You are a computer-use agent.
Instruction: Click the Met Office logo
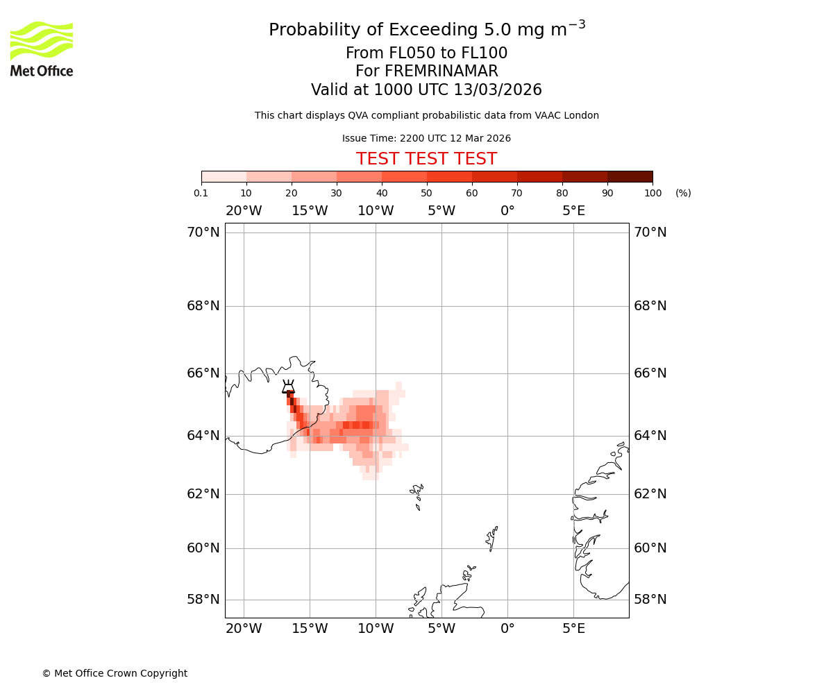click(42, 49)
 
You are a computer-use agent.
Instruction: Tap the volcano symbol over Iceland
click(288, 387)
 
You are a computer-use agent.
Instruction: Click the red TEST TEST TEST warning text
click(426, 159)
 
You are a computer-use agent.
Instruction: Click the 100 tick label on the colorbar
click(653, 193)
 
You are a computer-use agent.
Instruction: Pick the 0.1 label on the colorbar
click(201, 193)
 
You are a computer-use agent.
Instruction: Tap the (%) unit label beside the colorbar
click(683, 193)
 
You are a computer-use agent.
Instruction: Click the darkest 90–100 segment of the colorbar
click(630, 176)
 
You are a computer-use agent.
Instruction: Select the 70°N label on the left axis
click(203, 232)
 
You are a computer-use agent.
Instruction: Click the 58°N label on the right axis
click(650, 599)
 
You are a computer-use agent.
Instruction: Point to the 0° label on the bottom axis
click(507, 629)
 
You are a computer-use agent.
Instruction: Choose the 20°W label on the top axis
click(244, 211)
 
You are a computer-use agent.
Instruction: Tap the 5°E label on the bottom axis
click(573, 629)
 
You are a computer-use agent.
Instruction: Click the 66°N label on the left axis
click(203, 373)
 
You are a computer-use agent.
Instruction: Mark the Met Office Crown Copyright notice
click(115, 673)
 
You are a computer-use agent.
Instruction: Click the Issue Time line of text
click(426, 138)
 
